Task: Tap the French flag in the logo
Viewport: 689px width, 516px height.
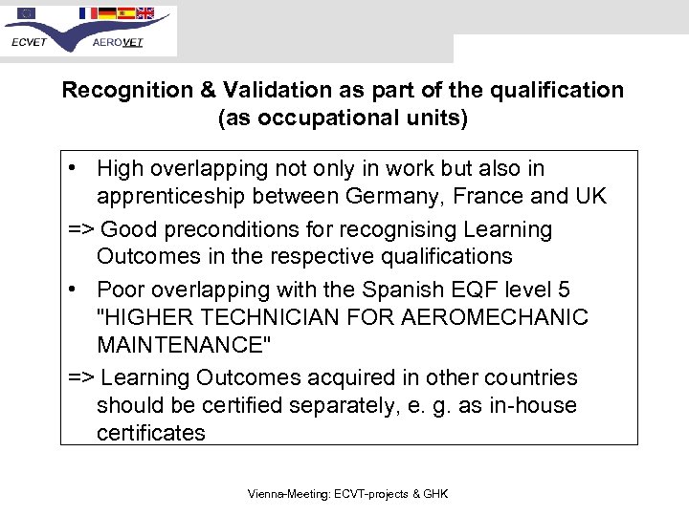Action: (88, 13)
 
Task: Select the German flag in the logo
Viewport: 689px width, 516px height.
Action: (107, 13)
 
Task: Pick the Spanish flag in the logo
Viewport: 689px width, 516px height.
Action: (125, 13)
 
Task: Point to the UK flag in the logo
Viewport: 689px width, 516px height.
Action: (144, 13)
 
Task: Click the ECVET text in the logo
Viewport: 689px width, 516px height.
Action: (30, 43)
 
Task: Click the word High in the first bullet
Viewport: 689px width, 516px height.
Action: (122, 169)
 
